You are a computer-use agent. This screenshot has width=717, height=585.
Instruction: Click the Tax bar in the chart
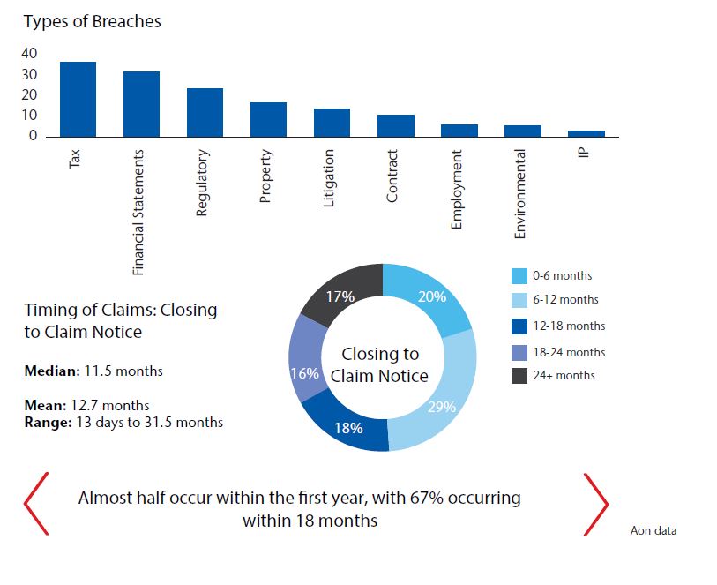78,99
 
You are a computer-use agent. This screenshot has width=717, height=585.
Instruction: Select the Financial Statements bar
141,104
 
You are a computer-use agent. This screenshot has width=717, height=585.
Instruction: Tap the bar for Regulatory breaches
205,112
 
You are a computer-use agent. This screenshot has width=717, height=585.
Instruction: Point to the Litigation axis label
329,178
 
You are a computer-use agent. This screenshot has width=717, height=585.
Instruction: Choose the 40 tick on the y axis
30,53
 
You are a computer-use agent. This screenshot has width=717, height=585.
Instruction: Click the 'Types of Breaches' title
93,21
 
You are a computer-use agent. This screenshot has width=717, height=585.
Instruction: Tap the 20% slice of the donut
431,298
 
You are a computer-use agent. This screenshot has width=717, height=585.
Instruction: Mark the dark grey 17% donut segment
340,297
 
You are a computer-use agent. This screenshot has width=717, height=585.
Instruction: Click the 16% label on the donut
304,373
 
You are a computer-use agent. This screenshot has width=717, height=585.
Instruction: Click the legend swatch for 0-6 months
519,276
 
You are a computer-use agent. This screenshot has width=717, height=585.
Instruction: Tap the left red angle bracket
36,504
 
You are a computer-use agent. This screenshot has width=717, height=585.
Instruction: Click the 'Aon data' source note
654,530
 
